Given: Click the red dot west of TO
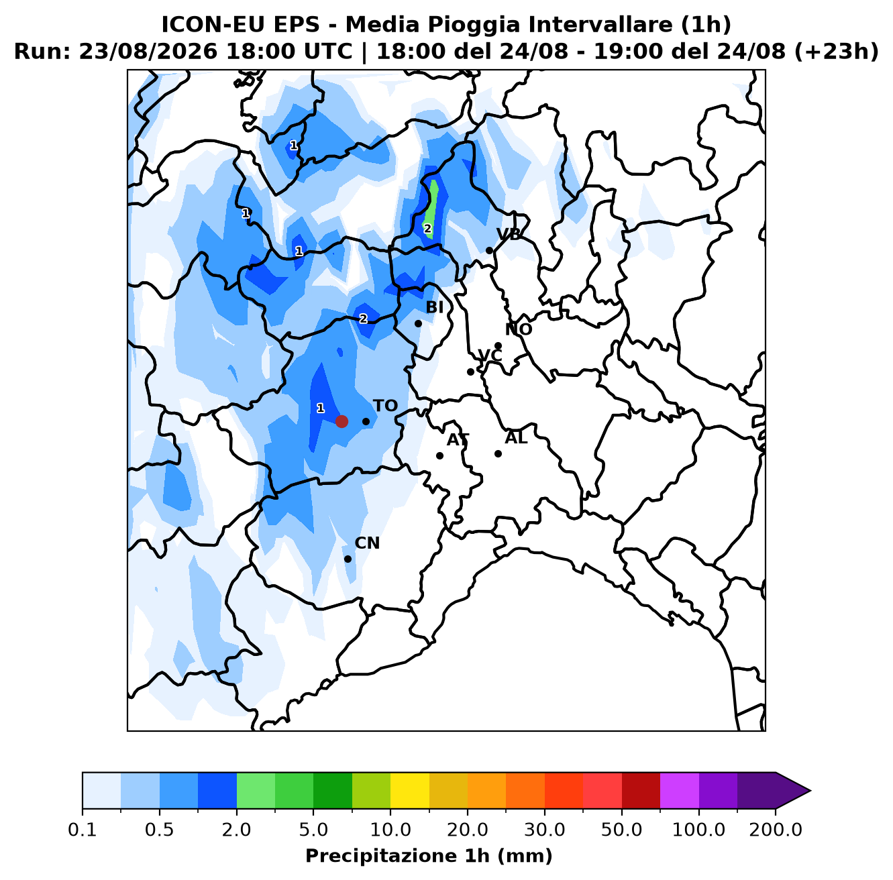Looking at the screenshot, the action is pyautogui.click(x=342, y=421).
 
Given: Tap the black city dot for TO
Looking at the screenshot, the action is pyautogui.click(x=366, y=421).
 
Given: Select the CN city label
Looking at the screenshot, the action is pyautogui.click(x=367, y=543).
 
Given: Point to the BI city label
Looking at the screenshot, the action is pyautogui.click(x=435, y=307).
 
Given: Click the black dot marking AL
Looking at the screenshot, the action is pyautogui.click(x=498, y=453).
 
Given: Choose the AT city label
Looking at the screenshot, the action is pyautogui.click(x=458, y=440).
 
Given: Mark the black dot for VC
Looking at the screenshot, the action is pyautogui.click(x=470, y=372).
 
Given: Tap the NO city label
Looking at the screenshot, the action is pyautogui.click(x=519, y=329).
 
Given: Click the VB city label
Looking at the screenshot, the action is pyautogui.click(x=509, y=234).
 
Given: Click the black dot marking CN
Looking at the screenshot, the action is pyautogui.click(x=348, y=559).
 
